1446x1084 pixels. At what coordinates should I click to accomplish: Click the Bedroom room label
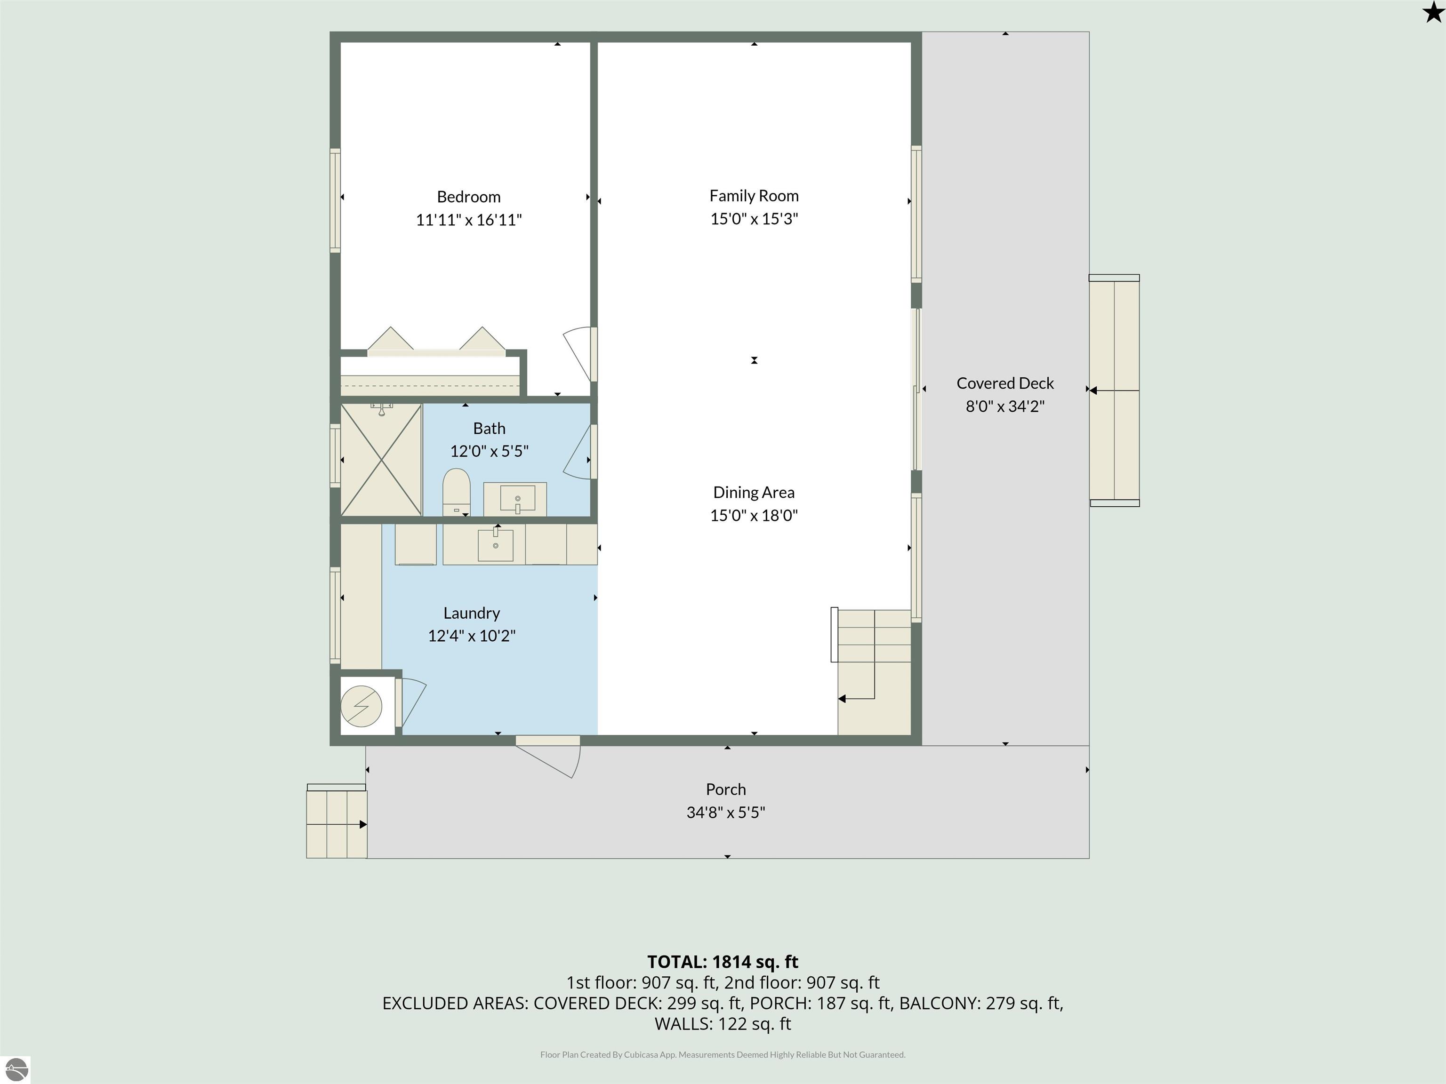pos(469,197)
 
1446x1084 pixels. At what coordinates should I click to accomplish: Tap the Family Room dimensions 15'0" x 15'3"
pos(755,219)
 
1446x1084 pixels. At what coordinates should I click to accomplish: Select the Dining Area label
pos(754,493)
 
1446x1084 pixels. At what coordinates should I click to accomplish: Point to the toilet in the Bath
pos(456,491)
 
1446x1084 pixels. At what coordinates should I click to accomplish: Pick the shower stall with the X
pos(381,460)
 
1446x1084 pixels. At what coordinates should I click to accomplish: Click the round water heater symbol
pos(361,706)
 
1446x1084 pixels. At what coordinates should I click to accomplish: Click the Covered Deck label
pos(1005,383)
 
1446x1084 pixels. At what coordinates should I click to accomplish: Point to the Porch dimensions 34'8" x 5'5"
pos(726,812)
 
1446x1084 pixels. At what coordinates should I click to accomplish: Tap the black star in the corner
pos(1433,12)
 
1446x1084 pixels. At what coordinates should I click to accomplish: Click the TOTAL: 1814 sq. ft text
pos(723,962)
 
